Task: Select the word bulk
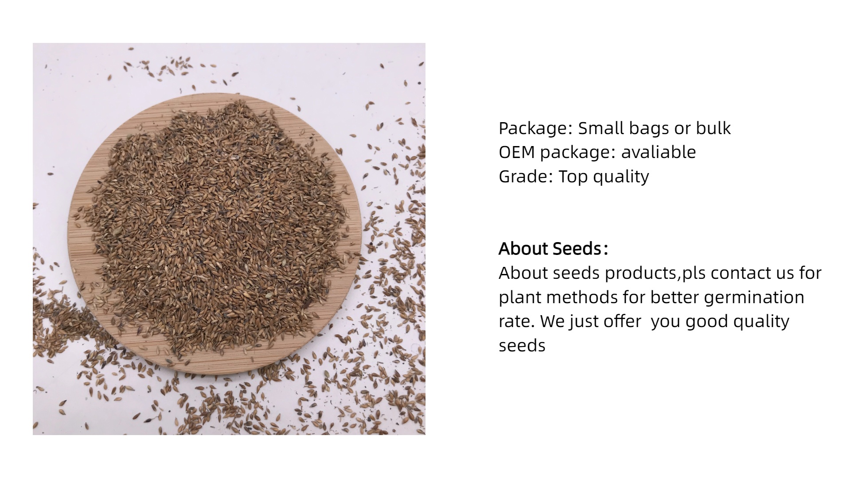[x=713, y=128]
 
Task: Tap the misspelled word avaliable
[x=658, y=152]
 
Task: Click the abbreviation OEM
[x=517, y=152]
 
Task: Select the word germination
[x=753, y=297]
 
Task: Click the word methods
[x=582, y=297]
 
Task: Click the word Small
[x=604, y=128]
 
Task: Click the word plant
[x=520, y=297]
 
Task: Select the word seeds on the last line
[x=522, y=346]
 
